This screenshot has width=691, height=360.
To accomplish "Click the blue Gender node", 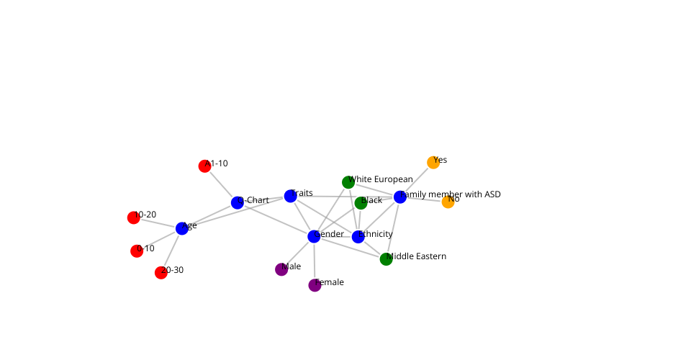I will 314,236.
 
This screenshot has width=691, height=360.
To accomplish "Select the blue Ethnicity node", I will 358,237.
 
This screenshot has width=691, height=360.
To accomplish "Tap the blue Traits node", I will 291,196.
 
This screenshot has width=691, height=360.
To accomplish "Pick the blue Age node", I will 182,228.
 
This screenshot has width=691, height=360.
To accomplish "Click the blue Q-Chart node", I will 238,203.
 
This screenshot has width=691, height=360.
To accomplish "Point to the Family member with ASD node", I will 400,197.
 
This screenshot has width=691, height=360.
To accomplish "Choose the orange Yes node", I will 433,163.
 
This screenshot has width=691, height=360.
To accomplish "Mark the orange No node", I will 448,202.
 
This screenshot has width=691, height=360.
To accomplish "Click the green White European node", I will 348,182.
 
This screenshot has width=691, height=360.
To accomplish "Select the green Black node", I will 361,203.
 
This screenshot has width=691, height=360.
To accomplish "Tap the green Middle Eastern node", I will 387,259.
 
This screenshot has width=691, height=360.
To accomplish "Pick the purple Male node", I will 281,269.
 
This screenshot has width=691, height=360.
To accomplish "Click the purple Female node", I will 315,285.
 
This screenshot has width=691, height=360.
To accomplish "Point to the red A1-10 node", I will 204,166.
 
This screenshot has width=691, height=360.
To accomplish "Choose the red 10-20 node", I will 134,217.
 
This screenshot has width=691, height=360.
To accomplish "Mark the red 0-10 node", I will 137,251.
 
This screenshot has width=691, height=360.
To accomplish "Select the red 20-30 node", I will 161,272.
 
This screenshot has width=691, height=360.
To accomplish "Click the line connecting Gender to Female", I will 314,261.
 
